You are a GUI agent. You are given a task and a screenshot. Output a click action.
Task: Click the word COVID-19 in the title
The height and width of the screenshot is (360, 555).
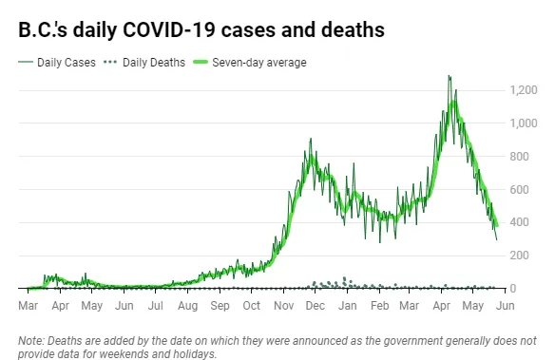pos(169,29)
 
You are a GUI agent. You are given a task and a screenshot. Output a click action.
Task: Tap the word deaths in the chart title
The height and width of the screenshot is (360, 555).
pos(353,29)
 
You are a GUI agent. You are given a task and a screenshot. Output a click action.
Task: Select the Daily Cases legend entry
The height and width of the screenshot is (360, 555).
pos(57,63)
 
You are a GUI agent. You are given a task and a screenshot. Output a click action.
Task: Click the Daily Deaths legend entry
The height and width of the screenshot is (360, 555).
pos(144,63)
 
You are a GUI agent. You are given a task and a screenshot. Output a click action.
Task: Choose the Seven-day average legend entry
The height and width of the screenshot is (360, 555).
pos(250,63)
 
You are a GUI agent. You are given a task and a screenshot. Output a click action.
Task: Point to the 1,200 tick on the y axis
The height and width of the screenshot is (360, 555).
pos(523,90)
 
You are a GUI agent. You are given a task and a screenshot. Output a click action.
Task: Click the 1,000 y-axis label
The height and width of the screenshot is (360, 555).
pos(523,123)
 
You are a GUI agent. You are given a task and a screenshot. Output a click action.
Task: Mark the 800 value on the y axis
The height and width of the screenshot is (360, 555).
pos(519,157)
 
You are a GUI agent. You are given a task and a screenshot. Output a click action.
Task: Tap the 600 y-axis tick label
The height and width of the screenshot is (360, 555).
pos(519,190)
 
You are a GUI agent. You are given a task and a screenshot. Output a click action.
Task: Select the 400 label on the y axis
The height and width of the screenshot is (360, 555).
pos(519,222)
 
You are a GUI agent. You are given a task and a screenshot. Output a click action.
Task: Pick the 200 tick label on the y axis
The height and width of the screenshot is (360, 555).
pos(519,256)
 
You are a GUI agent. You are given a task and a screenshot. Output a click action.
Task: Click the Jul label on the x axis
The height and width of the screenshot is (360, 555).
pos(156,306)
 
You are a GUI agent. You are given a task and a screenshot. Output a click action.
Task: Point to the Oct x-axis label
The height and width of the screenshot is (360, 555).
pos(251,306)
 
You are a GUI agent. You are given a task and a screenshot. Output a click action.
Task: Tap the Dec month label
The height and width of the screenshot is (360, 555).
pos(315,306)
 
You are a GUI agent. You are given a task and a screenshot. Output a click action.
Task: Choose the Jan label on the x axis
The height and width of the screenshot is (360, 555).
pos(347,306)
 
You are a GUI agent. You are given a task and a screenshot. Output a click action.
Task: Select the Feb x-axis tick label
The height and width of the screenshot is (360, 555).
pos(379,306)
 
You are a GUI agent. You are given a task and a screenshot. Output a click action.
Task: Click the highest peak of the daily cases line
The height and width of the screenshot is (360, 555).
pos(449,76)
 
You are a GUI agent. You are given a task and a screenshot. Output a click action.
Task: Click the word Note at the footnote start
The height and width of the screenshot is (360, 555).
pos(30,341)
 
